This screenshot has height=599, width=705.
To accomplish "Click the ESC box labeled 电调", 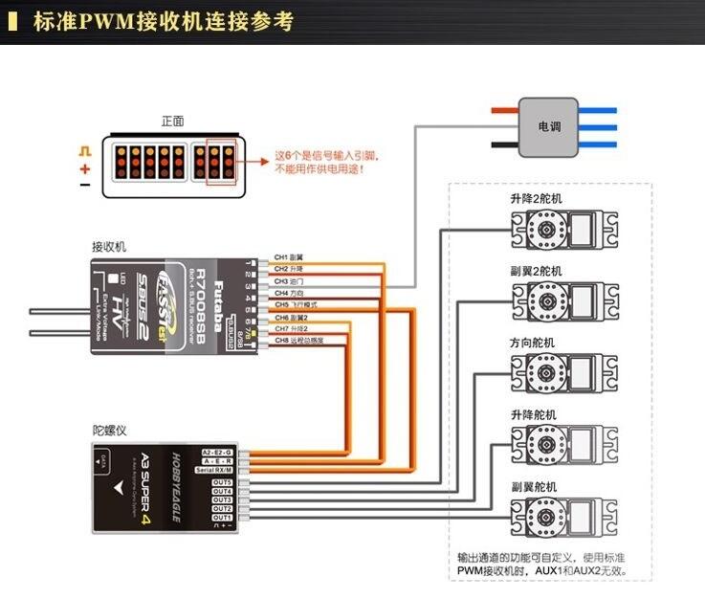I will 548,127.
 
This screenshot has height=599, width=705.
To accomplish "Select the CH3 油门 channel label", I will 289,281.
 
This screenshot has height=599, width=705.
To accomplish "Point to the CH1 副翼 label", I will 289,257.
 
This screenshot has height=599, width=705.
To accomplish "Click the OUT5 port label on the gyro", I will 222,482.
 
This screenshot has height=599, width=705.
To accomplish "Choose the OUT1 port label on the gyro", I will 222,517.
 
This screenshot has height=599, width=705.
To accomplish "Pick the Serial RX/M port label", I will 217,469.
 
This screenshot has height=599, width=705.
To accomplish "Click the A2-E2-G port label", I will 217,451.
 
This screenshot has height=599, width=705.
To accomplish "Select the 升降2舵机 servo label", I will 537,198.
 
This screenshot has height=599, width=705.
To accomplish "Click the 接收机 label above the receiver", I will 109,246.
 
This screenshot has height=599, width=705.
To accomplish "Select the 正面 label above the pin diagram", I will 173,122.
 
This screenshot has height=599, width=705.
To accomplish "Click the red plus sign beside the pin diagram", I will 85,168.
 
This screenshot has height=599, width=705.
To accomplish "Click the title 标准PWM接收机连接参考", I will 164,21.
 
